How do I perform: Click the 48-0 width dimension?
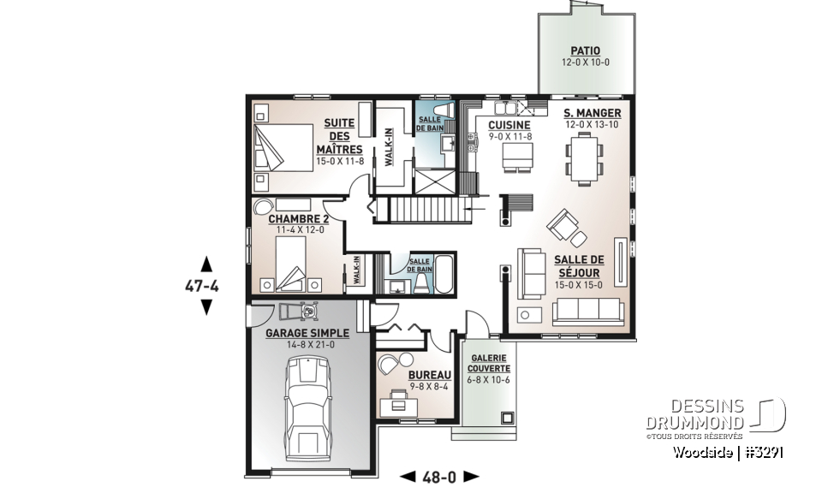(440, 476)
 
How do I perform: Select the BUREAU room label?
(430, 376)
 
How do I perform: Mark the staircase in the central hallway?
(426, 208)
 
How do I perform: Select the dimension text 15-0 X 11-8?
(339, 160)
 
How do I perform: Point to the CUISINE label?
(509, 124)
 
